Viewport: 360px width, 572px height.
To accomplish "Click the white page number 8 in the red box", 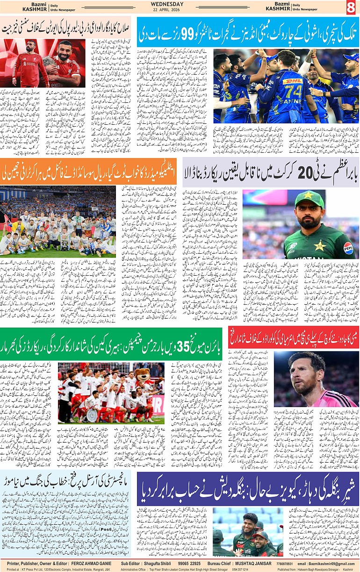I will click(x=351, y=7).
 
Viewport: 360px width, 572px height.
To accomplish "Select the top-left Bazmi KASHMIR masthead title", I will click(x=34, y=7).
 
